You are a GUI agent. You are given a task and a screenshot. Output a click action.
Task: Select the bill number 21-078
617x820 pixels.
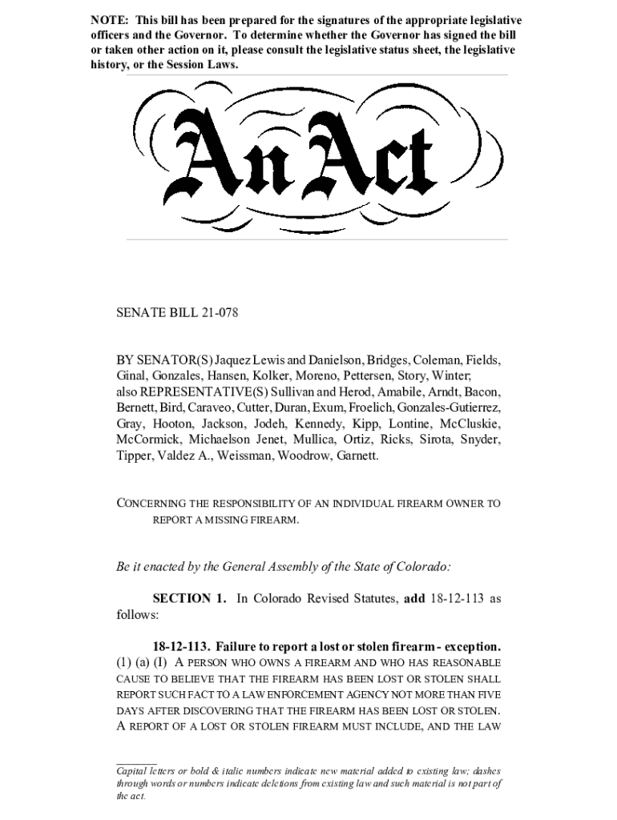click(215, 312)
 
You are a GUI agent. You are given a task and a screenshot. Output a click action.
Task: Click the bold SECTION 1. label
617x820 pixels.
click(189, 599)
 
